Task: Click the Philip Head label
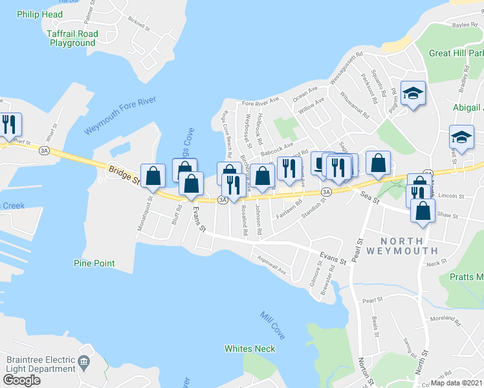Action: [x=40, y=14]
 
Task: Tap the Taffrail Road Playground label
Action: [x=72, y=38]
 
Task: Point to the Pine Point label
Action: [x=94, y=263]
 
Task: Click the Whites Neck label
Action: [x=250, y=349]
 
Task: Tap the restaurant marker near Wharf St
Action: [x=9, y=124]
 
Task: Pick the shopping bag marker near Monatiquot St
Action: [x=153, y=175]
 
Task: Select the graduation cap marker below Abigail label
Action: [x=461, y=137]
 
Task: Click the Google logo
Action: [x=21, y=380]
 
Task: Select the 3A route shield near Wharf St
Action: [x=44, y=150]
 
